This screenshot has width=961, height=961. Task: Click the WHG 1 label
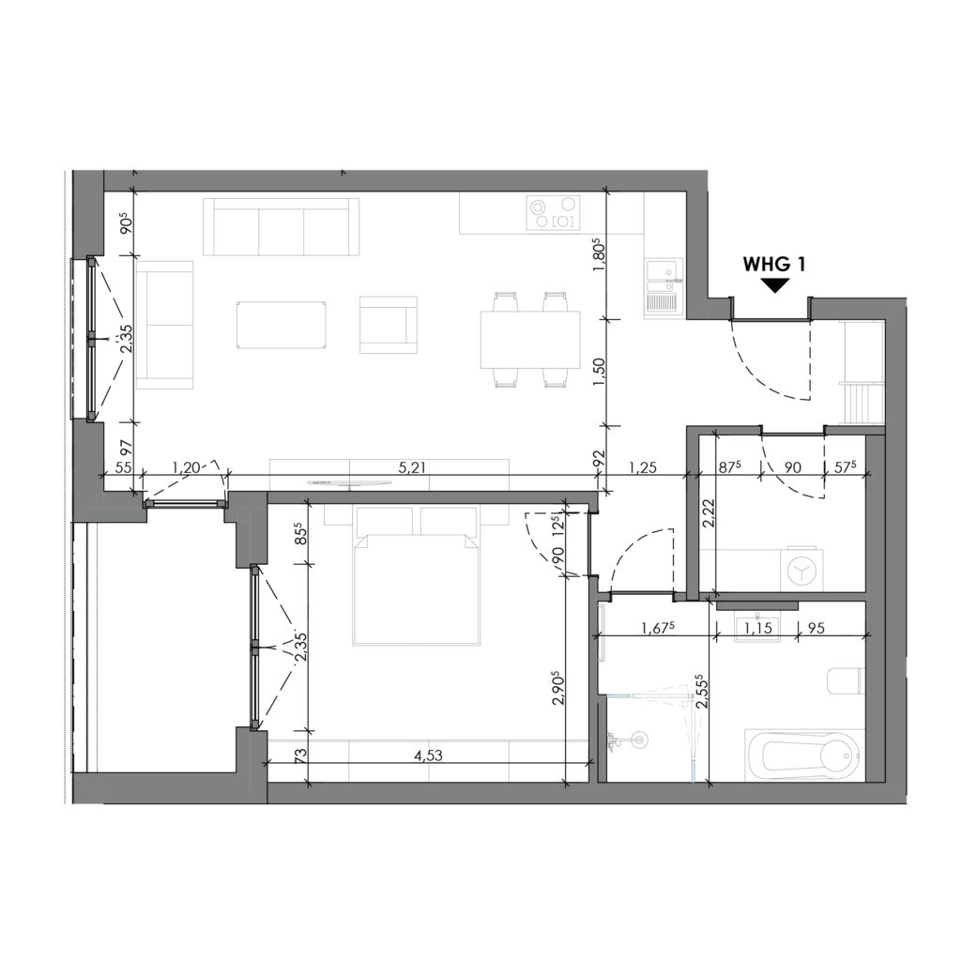[774, 264]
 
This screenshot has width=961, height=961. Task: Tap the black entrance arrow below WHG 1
[774, 285]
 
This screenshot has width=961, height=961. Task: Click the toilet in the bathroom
[845, 680]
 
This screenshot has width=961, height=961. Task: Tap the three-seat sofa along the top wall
[282, 227]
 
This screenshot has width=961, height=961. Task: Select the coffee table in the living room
[281, 326]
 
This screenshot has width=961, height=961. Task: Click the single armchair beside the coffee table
[388, 325]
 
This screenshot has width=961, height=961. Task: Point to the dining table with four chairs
[530, 340]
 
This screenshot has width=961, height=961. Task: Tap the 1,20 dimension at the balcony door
[184, 466]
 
